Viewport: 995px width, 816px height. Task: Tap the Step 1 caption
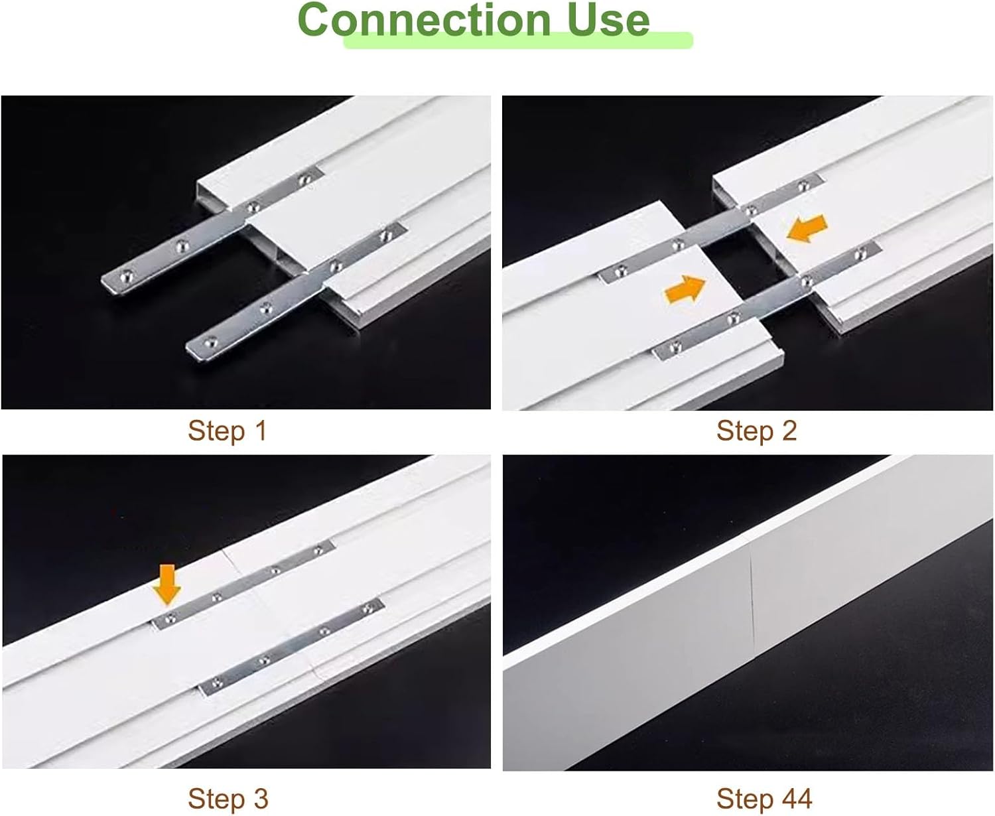[x=227, y=431]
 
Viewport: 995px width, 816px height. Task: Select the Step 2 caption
[x=756, y=431]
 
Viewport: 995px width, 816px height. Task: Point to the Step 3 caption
[x=228, y=798]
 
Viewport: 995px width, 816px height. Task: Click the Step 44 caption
[x=763, y=798]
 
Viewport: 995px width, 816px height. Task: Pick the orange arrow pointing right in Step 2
[x=686, y=289]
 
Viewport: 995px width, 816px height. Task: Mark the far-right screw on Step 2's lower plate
[x=862, y=251]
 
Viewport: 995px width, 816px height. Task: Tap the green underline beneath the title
[x=517, y=42]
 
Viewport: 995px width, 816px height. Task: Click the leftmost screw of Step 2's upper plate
[x=621, y=269]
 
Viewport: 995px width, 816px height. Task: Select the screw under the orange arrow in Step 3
[x=170, y=618]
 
